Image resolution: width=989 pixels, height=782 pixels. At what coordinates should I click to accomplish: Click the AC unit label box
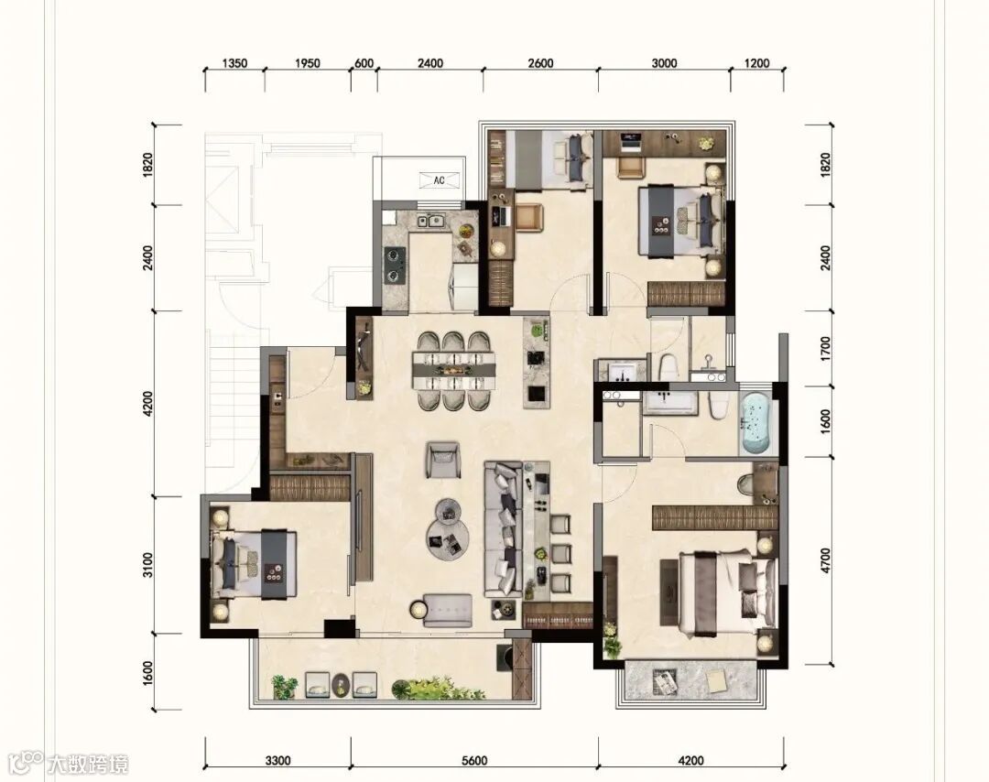click(439, 180)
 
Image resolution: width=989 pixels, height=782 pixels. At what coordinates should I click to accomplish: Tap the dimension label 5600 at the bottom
click(474, 761)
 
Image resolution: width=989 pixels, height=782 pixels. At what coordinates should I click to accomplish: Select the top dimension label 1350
click(234, 64)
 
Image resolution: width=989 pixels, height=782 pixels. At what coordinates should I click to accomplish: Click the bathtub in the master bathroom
click(755, 424)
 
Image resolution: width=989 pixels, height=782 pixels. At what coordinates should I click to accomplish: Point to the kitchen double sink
click(429, 221)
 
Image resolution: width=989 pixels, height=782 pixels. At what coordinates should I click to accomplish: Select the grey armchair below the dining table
click(443, 460)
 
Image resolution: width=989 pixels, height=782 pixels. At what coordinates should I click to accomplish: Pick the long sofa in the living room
click(504, 528)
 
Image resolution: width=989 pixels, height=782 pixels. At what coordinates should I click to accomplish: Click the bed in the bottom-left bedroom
click(254, 564)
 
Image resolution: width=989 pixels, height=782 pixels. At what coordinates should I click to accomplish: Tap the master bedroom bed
click(725, 592)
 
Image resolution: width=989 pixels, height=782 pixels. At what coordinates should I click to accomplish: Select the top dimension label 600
click(364, 64)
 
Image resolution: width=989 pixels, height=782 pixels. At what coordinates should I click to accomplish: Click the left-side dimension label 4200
click(147, 404)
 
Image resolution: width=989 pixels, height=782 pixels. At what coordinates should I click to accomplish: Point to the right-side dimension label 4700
click(826, 560)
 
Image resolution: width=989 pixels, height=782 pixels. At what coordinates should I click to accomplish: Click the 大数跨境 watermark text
click(89, 765)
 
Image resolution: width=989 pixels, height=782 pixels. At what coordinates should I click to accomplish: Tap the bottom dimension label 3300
click(277, 761)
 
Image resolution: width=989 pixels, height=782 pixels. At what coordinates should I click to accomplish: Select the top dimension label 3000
click(664, 64)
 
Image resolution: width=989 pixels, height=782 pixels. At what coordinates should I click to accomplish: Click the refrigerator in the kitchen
click(463, 287)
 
